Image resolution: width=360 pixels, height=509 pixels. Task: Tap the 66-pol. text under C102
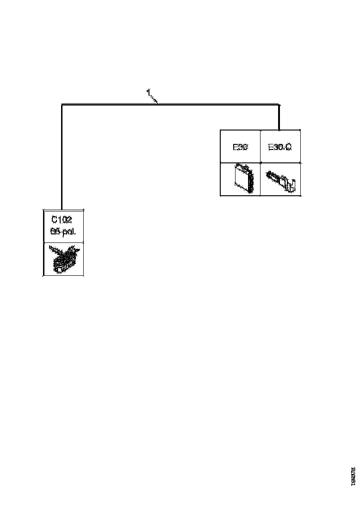click(63, 231)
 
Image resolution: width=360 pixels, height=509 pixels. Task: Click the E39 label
click(240, 147)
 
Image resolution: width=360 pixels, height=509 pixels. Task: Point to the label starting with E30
click(279, 147)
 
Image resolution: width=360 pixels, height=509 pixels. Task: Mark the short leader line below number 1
click(155, 99)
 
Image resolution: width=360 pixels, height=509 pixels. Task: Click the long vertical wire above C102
click(62, 157)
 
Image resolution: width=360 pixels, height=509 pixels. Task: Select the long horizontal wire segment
click(208, 105)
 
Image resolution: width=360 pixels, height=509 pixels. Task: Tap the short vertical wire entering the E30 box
click(279, 118)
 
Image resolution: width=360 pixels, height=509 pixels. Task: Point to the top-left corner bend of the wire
click(62, 105)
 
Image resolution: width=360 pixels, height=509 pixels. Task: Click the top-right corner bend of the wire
click(279, 105)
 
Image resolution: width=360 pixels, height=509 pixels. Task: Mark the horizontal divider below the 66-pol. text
click(63, 242)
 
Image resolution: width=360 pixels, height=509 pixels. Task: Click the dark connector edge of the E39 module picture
click(251, 180)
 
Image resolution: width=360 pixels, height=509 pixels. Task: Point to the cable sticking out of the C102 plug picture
click(54, 250)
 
